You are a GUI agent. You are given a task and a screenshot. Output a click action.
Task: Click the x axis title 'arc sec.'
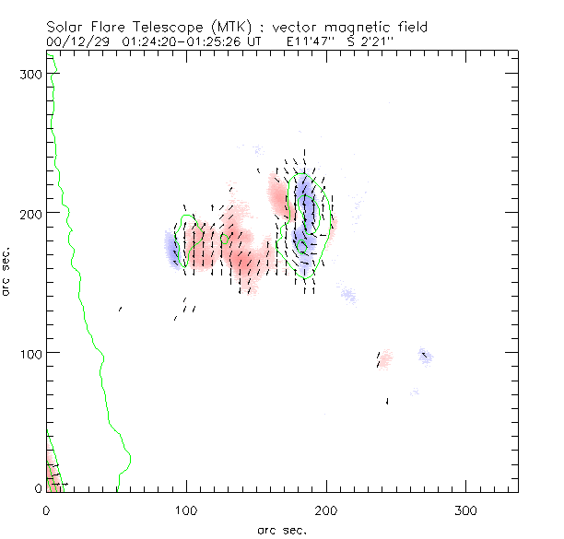click(281, 529)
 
